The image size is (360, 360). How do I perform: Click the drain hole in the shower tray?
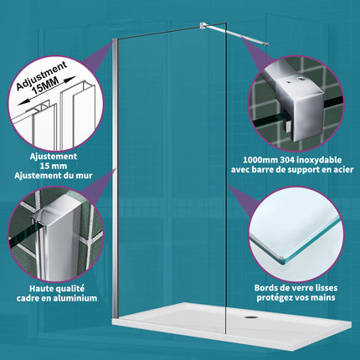coord(250,319)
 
